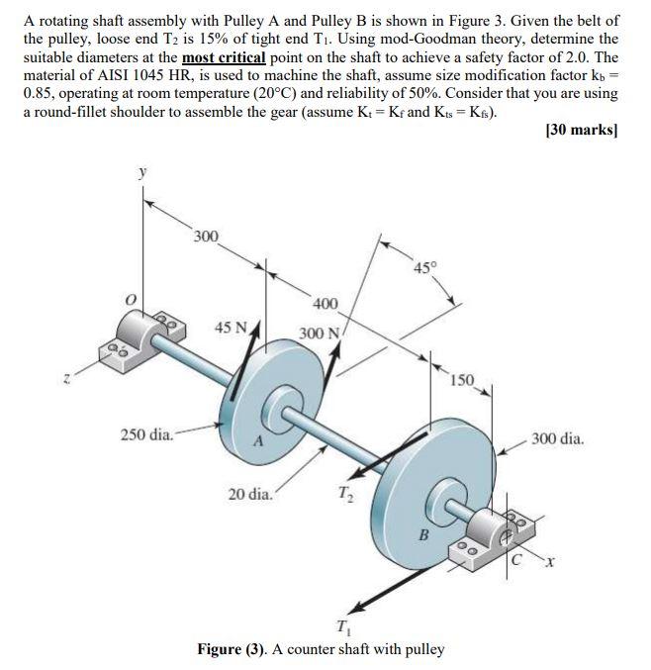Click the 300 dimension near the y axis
pos(206,237)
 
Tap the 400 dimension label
pos(324,304)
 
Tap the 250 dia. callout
pos(146,433)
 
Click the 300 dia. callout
pos(558,435)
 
